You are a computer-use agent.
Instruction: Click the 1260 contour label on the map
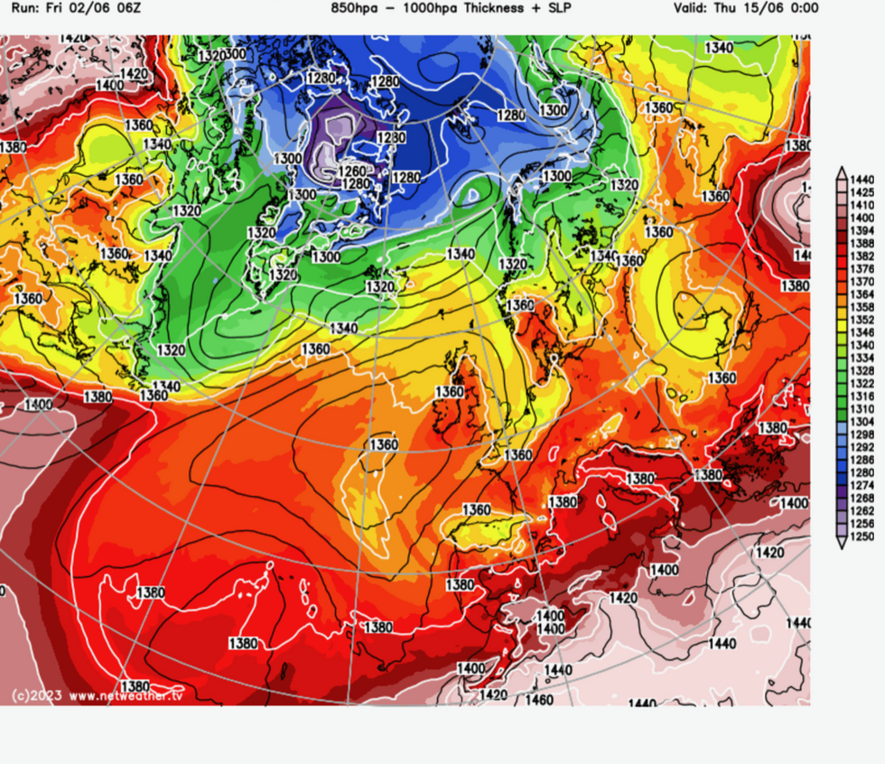point(351,171)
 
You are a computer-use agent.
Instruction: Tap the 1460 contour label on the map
point(539,700)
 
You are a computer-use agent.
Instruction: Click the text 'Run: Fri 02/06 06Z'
point(70,8)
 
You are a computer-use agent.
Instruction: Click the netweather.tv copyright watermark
point(97,695)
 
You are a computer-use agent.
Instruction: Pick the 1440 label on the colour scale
point(862,181)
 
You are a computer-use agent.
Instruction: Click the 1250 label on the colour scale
point(862,536)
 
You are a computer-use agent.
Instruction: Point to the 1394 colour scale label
point(862,231)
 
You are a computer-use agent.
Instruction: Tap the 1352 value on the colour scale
point(862,320)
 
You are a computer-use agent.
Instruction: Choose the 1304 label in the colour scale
point(862,422)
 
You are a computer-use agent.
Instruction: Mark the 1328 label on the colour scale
point(862,371)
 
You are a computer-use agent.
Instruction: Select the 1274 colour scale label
point(862,485)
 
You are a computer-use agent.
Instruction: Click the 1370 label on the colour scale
point(862,282)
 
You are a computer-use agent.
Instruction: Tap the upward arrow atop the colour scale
point(842,170)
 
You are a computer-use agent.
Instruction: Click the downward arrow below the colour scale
point(842,545)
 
